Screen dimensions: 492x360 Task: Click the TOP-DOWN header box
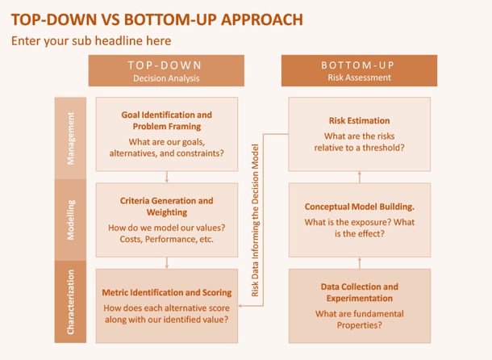pos(166,71)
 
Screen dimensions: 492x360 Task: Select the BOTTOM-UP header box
pos(359,71)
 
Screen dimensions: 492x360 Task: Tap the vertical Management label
pos(71,138)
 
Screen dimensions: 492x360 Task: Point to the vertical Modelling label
pos(71,220)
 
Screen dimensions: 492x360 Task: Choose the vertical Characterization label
pos(71,302)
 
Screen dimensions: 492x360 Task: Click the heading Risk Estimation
pos(359,120)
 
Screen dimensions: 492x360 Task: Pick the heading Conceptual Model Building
pos(359,207)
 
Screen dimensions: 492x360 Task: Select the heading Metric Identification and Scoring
pos(167,293)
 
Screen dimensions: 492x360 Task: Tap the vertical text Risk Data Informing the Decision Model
pos(255,220)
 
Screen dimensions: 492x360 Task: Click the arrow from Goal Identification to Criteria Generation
pos(167,177)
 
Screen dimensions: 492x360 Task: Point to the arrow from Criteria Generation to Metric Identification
pos(167,263)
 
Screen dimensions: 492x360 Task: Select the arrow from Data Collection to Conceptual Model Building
pos(360,263)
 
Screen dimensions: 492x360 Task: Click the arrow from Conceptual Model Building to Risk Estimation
pos(360,177)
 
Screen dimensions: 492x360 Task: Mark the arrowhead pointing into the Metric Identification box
pos(240,306)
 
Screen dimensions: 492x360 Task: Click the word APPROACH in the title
pos(262,20)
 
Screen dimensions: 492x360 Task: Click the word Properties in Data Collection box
pos(359,325)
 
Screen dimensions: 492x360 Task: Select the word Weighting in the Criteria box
pos(167,212)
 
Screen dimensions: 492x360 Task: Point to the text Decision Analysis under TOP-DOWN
pos(166,78)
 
